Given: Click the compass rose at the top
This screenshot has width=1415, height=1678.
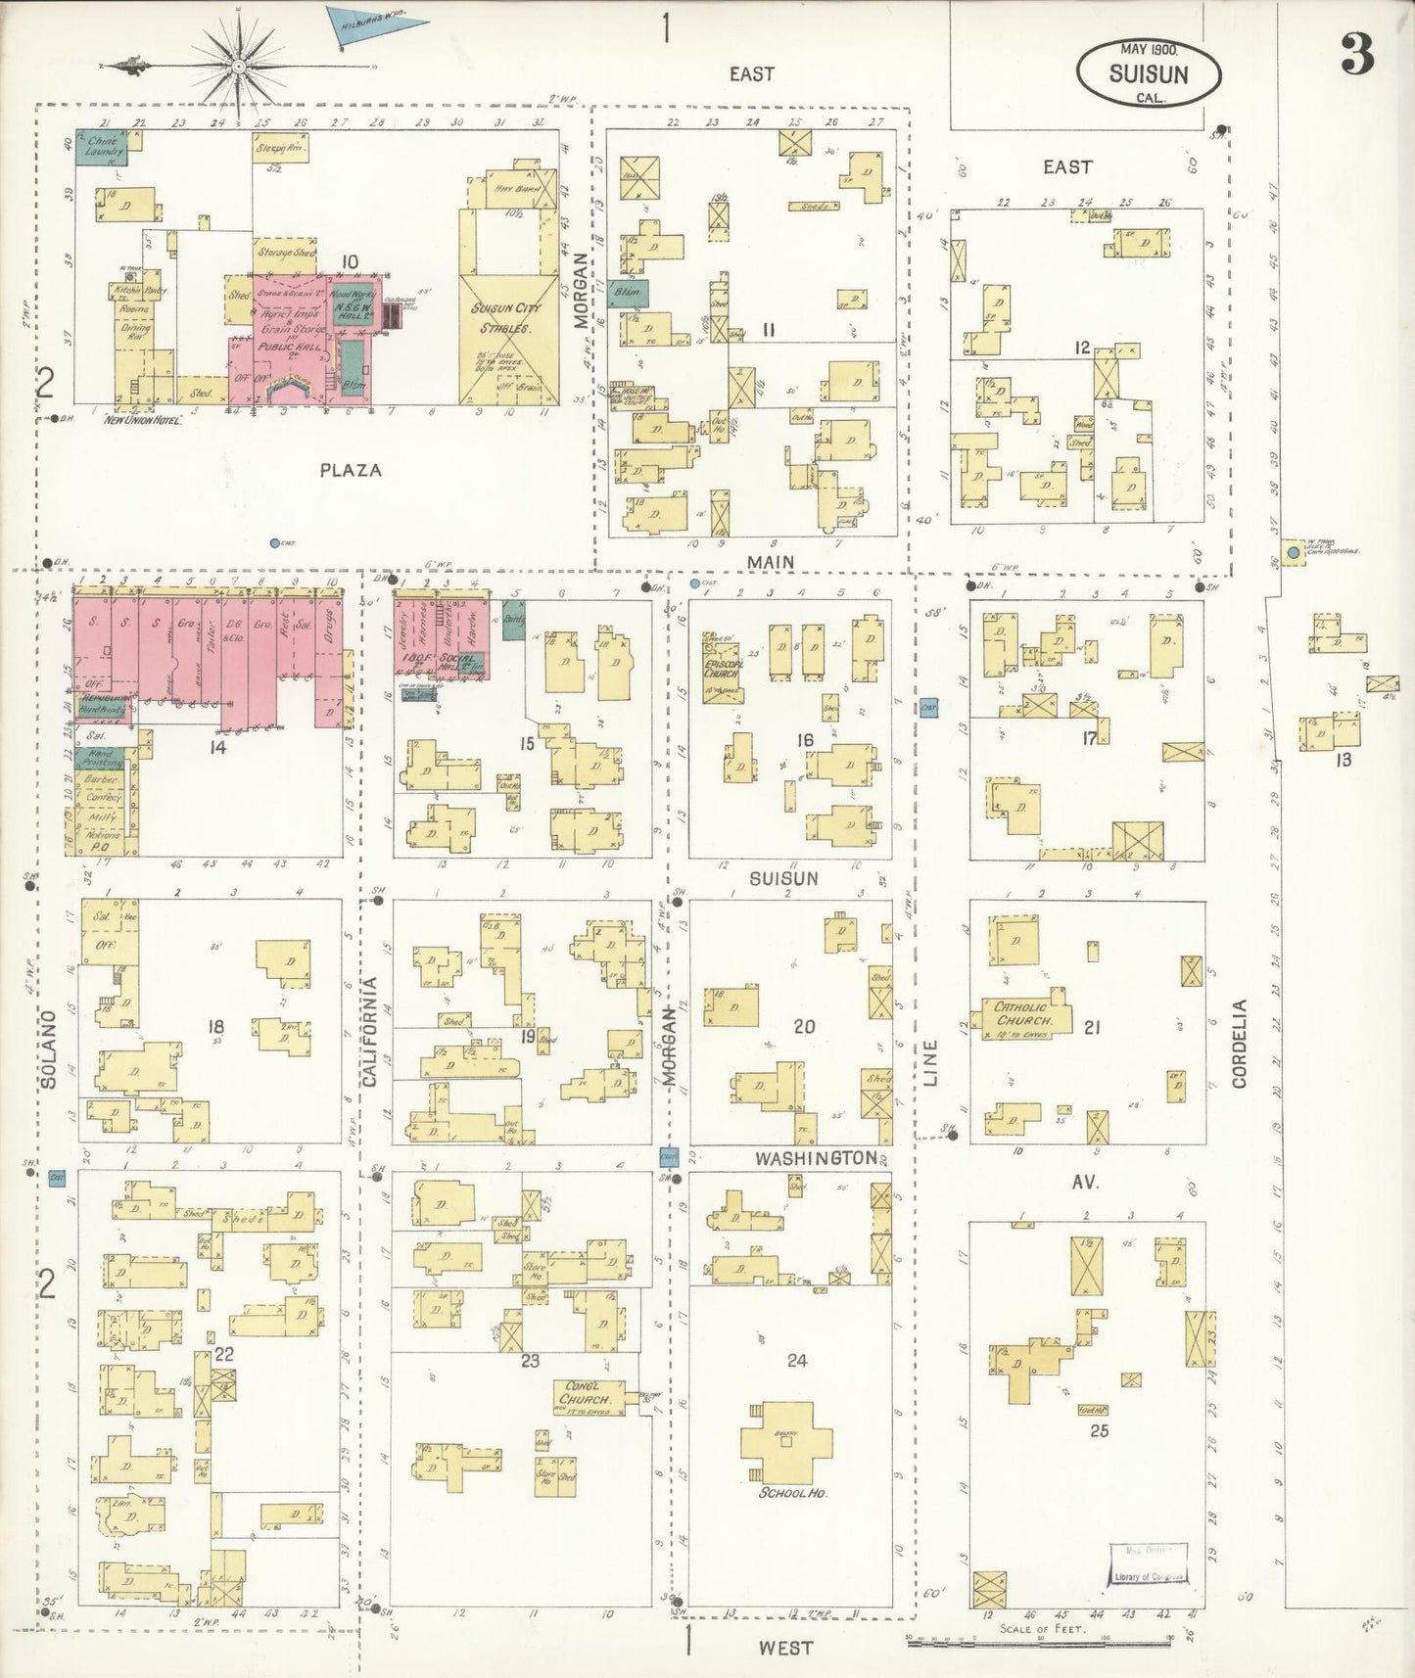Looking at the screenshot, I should click(x=238, y=65).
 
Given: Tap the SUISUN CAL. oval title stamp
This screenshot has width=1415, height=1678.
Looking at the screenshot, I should click(x=1149, y=72).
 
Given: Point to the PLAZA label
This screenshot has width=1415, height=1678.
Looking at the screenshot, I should click(x=351, y=470).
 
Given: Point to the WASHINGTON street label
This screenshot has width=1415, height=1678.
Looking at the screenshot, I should click(x=816, y=1158).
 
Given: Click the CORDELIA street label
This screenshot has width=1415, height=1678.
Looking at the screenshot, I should click(x=1240, y=1043).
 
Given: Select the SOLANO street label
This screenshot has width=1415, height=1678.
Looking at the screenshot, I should click(x=50, y=1049).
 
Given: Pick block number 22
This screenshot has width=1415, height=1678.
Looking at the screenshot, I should click(x=224, y=1354).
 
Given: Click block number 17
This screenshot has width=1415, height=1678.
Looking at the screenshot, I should click(x=1088, y=738).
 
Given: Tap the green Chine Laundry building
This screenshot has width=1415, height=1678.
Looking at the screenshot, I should click(x=101, y=151).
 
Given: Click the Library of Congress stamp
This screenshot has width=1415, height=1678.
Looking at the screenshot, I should click(x=1148, y=1563).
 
